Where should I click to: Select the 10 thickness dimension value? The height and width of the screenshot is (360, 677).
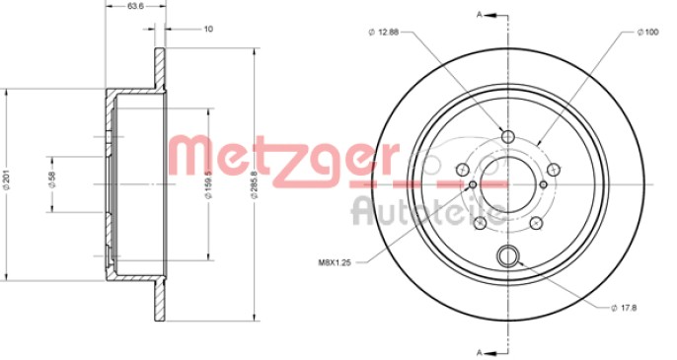(x=208, y=29)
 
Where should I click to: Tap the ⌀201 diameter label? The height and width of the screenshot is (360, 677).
(x=6, y=180)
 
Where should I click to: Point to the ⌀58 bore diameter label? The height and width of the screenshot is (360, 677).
(x=52, y=179)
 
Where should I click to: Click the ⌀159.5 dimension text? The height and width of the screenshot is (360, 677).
(x=208, y=183)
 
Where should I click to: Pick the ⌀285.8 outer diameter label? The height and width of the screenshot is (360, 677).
(x=255, y=184)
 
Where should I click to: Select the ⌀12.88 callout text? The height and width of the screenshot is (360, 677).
(x=384, y=32)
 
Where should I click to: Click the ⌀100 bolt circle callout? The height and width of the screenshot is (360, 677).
(x=647, y=32)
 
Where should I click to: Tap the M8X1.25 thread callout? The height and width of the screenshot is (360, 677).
(x=335, y=262)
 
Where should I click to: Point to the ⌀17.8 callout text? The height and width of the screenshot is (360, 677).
(x=625, y=308)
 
